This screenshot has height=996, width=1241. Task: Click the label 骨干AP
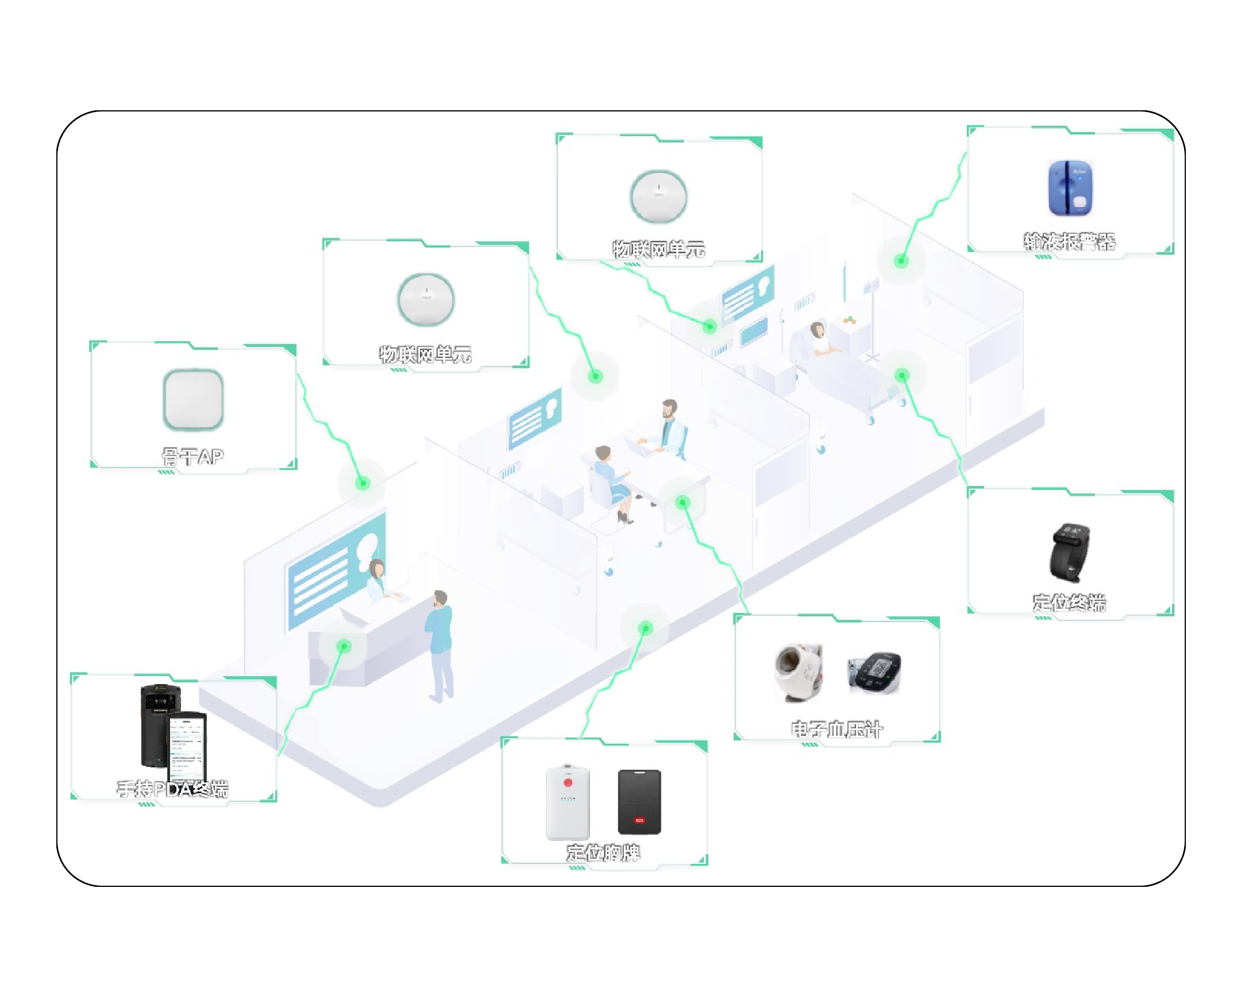click(192, 457)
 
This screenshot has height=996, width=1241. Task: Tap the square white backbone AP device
click(194, 400)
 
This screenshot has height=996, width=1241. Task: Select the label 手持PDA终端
click(173, 789)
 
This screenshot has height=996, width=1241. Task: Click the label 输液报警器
click(1069, 242)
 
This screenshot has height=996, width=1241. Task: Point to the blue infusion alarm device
click(1069, 188)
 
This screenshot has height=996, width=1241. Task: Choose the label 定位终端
click(1069, 603)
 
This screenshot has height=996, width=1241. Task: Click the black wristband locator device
click(1069, 553)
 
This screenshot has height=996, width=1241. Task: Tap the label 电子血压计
click(837, 729)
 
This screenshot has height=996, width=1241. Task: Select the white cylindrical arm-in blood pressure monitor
click(799, 673)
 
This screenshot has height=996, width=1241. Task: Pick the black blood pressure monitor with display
click(874, 672)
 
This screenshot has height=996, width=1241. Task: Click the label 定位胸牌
click(603, 853)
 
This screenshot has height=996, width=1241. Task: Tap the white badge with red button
click(568, 802)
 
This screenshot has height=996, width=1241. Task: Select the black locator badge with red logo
click(639, 802)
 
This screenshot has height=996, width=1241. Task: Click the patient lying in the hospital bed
click(822, 339)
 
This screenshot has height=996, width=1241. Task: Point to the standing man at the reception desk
click(440, 644)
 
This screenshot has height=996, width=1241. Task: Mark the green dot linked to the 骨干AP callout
click(363, 483)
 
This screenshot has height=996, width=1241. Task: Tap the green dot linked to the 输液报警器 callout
click(901, 261)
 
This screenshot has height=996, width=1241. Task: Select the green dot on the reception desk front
click(344, 646)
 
